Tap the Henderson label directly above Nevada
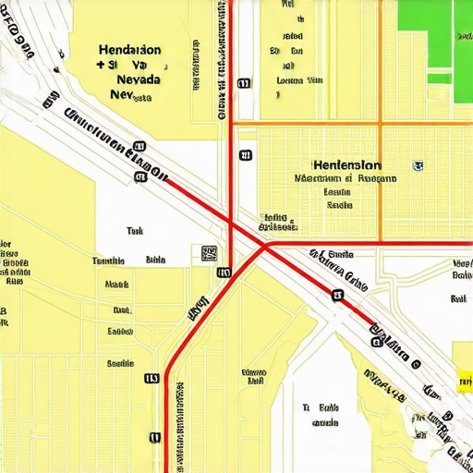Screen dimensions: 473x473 coord(128,50)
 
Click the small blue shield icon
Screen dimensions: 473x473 coord(418,166)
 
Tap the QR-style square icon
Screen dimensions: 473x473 coord(209,253)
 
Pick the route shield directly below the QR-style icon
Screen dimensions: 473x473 coord(224,273)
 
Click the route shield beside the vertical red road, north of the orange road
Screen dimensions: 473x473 coord(244,83)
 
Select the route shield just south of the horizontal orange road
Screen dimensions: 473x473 coord(245,155)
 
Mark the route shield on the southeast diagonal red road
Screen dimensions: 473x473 coord(338,296)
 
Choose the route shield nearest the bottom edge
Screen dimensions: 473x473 coord(155,437)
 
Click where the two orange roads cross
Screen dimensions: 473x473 coord(380,122)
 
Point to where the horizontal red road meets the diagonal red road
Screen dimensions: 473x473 coord(266,244)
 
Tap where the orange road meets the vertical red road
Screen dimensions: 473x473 coord(231,122)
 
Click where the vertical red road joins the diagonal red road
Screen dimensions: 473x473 coord(231,222)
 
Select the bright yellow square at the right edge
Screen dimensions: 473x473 coord(465,378)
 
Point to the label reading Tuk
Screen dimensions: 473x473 coord(135,232)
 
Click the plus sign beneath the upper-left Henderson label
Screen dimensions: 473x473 coord(100,66)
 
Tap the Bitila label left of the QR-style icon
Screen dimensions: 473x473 coord(155,261)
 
